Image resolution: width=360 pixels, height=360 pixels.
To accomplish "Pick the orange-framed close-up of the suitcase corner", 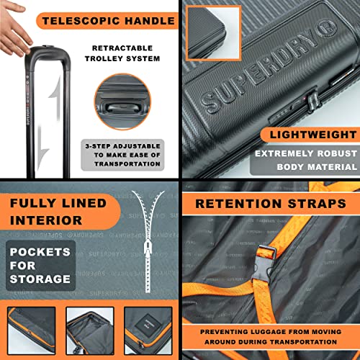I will [x=211, y=32].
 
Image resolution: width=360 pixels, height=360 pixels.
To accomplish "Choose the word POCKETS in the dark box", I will [x=40, y=251].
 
